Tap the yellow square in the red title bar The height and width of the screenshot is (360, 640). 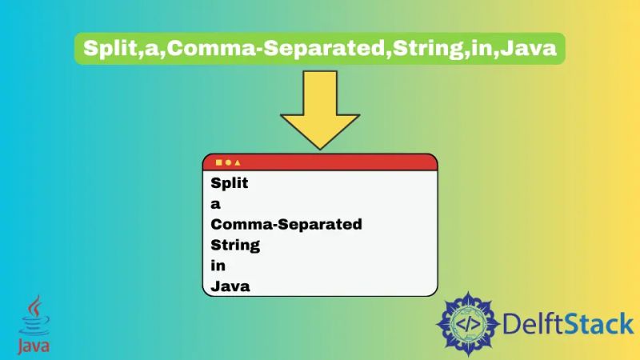coord(218,162)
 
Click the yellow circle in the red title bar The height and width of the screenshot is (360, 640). coord(228,162)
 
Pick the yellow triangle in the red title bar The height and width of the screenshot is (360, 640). coord(237,162)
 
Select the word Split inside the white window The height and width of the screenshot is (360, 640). coord(230,183)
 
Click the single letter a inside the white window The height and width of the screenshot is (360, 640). coord(215,204)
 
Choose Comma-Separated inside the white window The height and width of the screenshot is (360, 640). coord(286,224)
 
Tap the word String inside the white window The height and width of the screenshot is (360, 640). coord(235,245)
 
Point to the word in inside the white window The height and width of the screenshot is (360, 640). coord(218,265)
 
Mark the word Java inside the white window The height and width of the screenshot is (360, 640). coord(230,286)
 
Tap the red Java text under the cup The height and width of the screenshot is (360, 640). coord(34,346)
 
